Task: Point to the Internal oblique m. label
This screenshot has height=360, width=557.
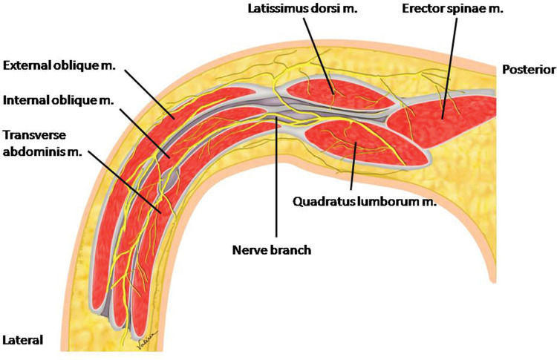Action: click(59, 99)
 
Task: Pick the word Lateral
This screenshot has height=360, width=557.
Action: click(23, 341)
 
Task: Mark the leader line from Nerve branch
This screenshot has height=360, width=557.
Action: click(276, 186)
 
